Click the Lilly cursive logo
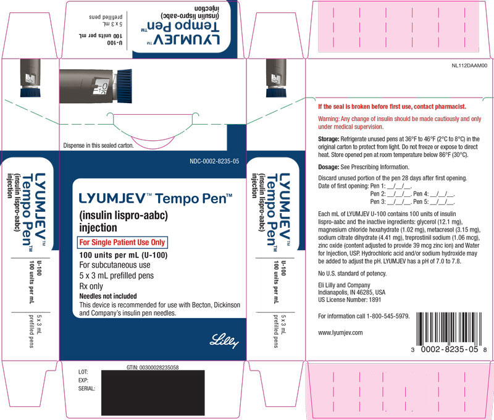point(224,341)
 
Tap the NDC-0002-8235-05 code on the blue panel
point(214,161)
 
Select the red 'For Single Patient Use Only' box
point(122,242)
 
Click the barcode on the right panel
point(450,329)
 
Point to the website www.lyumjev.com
point(340,333)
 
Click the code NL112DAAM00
point(469,65)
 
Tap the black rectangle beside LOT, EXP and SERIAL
point(153,393)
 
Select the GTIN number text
point(153,367)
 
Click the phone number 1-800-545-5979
point(388,316)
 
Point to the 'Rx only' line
point(91,287)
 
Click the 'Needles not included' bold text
point(108,296)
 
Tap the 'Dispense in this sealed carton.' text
point(99,146)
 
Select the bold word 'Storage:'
point(329,139)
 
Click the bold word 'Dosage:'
point(329,167)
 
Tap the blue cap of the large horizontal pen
point(125,86)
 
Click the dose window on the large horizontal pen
point(100,86)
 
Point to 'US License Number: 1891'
point(350,300)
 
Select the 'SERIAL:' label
point(86,388)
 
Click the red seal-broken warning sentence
point(392,106)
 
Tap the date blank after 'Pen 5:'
point(442,202)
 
